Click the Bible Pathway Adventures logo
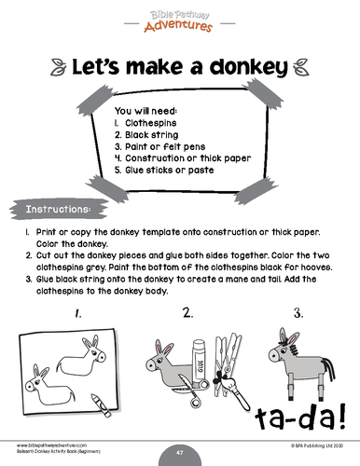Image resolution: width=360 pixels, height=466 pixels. [x=179, y=18]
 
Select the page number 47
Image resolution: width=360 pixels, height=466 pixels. [x=179, y=449]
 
